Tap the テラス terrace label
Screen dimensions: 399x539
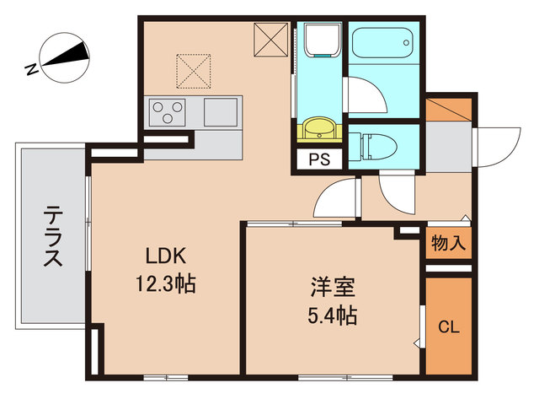[x=52, y=237]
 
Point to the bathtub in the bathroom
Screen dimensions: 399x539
[x=382, y=40]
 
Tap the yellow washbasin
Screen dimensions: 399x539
[x=318, y=128]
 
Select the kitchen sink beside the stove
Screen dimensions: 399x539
[x=220, y=111]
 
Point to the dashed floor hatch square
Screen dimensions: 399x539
[x=193, y=71]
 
